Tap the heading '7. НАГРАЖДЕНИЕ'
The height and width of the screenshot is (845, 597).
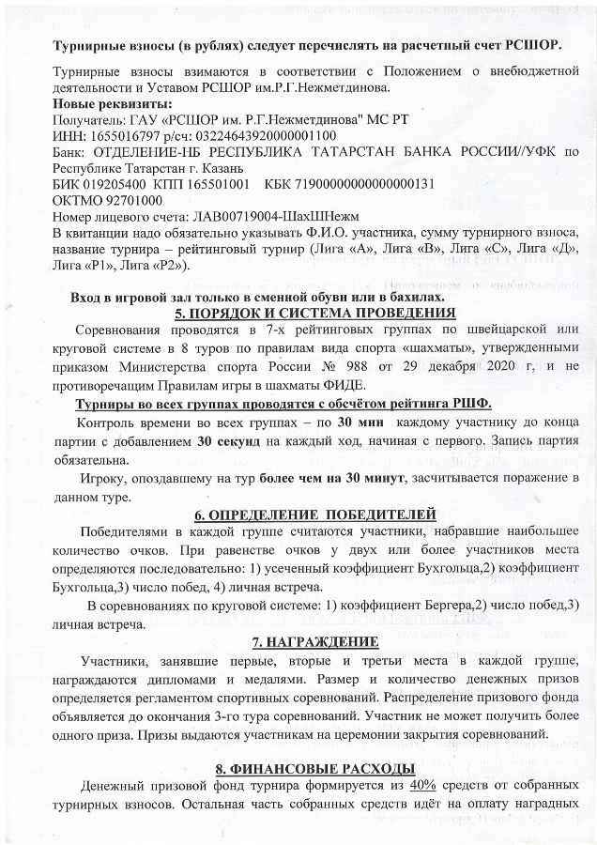click(315, 642)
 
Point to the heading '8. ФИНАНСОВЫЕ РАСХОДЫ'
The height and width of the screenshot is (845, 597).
click(314, 769)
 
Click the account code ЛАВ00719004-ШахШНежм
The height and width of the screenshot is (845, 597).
click(243, 216)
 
